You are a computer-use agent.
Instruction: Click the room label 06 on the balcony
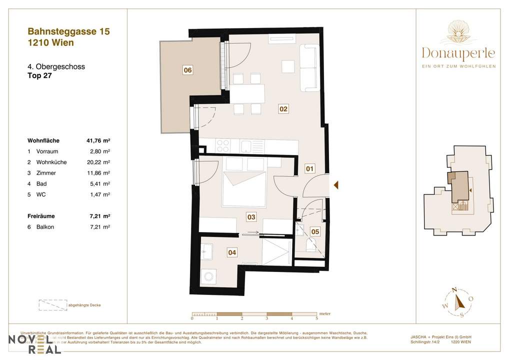[187, 70]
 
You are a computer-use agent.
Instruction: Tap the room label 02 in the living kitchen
[283, 108]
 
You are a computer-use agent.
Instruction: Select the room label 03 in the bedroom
[251, 217]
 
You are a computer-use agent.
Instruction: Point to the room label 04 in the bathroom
[232, 253]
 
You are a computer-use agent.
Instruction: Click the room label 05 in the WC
[315, 231]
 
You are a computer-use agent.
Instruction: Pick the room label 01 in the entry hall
[310, 169]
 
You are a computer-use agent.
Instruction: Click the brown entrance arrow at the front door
[336, 185]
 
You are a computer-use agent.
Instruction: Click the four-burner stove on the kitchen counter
[223, 146]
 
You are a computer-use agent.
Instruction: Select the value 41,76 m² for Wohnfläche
[98, 141]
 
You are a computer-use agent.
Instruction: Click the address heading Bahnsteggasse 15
[68, 31]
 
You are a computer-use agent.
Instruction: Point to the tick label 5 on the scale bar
[316, 317]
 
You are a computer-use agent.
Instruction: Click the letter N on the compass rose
[454, 289]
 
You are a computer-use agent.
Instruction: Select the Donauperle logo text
[458, 52]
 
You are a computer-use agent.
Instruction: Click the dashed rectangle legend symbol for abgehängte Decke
[52, 305]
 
